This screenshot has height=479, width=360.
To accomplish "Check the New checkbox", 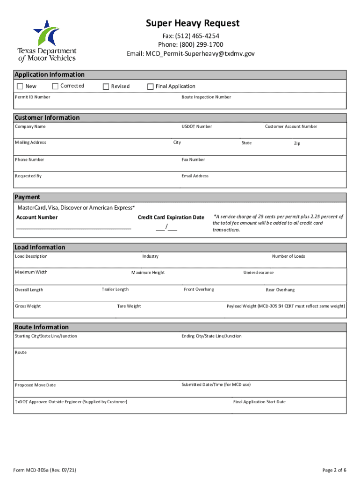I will point(20,87).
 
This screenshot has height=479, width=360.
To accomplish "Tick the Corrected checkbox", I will point(55,86).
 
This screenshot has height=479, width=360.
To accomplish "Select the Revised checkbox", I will point(106,87).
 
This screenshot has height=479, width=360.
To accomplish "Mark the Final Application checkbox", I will point(151,87).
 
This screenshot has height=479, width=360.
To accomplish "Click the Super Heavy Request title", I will point(192,23).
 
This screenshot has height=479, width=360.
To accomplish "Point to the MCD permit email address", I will point(191,54).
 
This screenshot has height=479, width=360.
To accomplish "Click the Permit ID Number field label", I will point(32,97).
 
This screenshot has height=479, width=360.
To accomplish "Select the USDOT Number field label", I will point(196,127).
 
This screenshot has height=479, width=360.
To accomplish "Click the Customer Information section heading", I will point(47,117).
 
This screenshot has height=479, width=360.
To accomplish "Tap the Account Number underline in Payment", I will point(73,228).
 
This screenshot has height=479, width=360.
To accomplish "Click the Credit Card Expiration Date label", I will point(171,218).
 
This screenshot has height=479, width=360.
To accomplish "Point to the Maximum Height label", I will point(148,273).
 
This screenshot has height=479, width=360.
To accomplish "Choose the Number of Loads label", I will point(288,256).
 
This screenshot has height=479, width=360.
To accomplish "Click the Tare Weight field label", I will point(129,306).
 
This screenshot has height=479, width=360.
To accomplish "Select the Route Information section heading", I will point(42,327).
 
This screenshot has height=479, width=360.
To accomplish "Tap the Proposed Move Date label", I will point(35,385).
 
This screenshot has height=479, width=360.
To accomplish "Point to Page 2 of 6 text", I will point(334,470).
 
